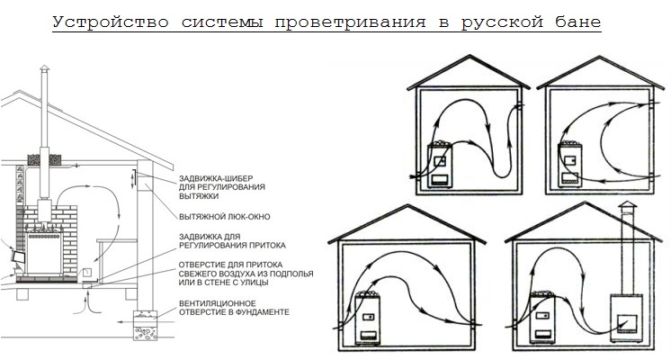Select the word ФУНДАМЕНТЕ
[x=254, y=311]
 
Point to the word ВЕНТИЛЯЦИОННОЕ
[x=222, y=302]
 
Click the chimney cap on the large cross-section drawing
[x=40, y=72]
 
